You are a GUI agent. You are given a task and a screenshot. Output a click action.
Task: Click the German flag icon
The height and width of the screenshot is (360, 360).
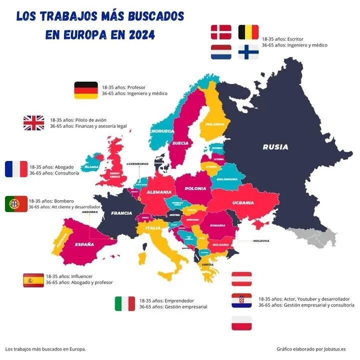pos(86,90)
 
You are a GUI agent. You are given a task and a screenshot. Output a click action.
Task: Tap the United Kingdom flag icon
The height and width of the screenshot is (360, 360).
pos(33,123)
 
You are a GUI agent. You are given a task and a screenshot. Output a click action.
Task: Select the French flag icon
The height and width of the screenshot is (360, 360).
pos(16,169)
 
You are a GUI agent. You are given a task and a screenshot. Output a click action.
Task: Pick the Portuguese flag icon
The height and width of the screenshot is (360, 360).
pos(16,204)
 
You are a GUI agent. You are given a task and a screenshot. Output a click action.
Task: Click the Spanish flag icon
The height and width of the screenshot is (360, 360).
pos(33,280)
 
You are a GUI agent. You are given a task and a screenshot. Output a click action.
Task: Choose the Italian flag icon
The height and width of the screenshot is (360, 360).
pos(125,303)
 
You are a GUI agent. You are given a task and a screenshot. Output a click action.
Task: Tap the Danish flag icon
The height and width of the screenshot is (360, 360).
pos(221,32)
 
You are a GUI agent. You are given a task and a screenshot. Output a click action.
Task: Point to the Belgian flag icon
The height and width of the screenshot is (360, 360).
pos(248,32)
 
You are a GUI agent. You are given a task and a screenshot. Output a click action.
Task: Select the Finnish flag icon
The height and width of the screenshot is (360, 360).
pos(248,52)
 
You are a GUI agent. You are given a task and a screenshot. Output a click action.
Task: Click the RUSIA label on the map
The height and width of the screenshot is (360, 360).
pos(275,147)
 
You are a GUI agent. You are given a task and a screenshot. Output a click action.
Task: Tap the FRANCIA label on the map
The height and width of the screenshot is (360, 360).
pos(121,213)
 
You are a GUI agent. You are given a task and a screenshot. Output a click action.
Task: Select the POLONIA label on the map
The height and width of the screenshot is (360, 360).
pos(195,188)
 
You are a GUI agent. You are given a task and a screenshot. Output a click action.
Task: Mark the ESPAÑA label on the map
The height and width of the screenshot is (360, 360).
pos(84,244)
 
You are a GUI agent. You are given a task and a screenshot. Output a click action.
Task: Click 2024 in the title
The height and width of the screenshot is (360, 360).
pos(136,35)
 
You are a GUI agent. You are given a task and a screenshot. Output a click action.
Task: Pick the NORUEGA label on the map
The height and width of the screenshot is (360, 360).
pos(162,131)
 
